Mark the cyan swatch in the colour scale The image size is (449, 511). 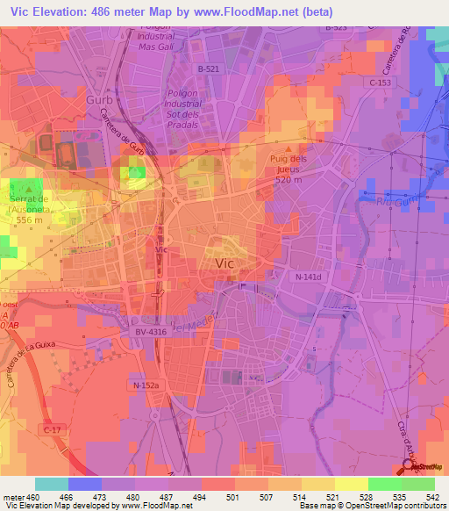pyautogui.click(x=52, y=484)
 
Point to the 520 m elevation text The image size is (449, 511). pyautogui.click(x=289, y=179)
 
